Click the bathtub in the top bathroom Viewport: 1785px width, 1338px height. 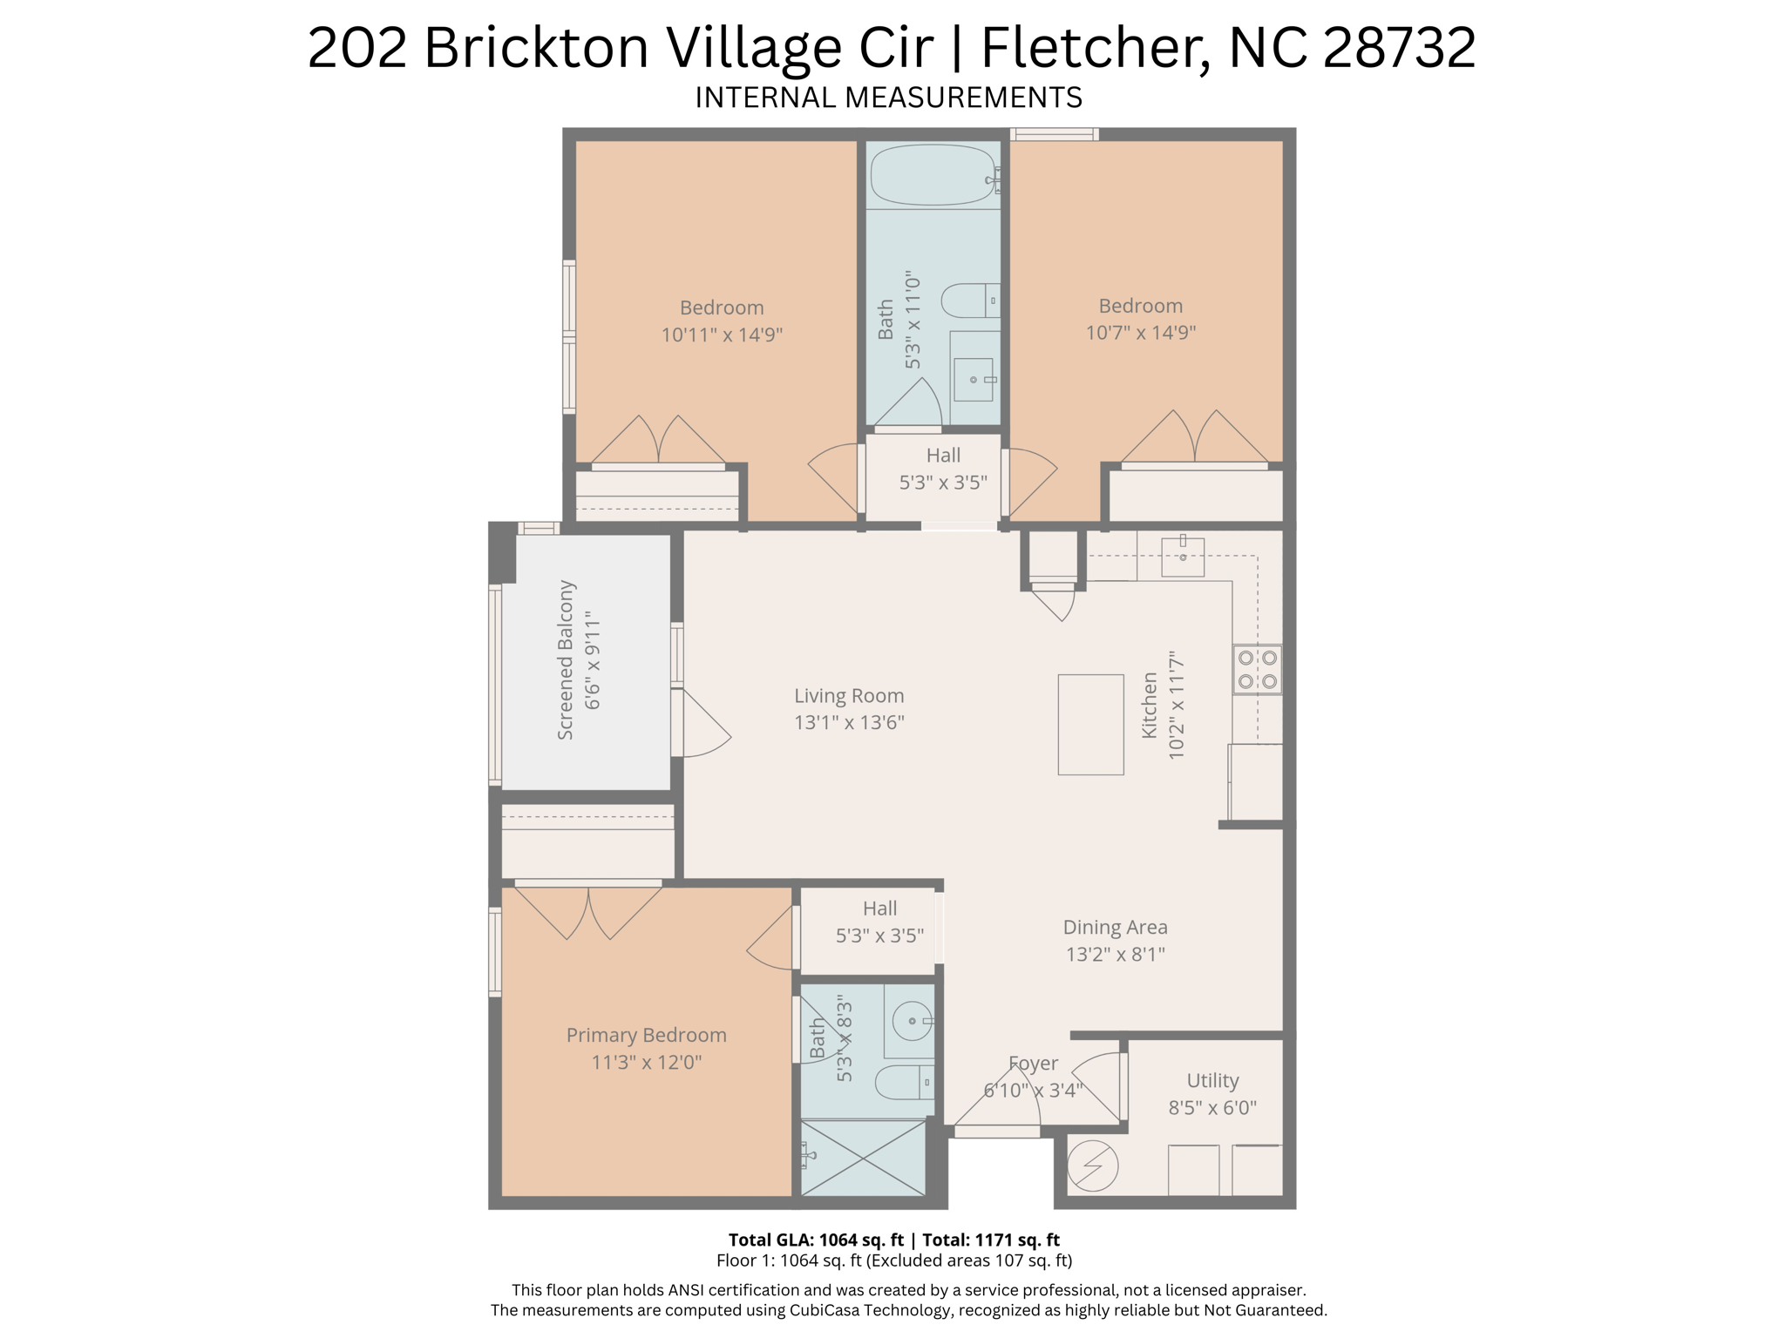point(933,175)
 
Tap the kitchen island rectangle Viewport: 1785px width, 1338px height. point(1090,724)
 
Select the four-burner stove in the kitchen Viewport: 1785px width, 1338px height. point(1258,670)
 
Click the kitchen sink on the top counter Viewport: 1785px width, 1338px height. point(1183,557)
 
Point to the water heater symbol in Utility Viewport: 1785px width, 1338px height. point(1092,1166)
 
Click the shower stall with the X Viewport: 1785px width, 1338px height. point(863,1158)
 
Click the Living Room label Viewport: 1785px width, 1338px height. point(849,696)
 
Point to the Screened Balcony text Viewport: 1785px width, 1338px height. point(566,660)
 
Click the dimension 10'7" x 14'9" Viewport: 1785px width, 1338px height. point(1140,333)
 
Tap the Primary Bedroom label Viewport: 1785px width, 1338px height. point(646,1035)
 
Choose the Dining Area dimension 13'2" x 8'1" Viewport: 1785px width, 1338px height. point(1115,954)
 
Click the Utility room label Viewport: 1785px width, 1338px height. point(1212,1081)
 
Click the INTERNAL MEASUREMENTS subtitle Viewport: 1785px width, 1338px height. point(888,98)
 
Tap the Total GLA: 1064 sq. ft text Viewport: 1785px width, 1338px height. point(815,1240)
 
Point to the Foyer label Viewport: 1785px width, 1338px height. point(1034,1064)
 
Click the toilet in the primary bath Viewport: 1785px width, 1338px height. point(903,1083)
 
